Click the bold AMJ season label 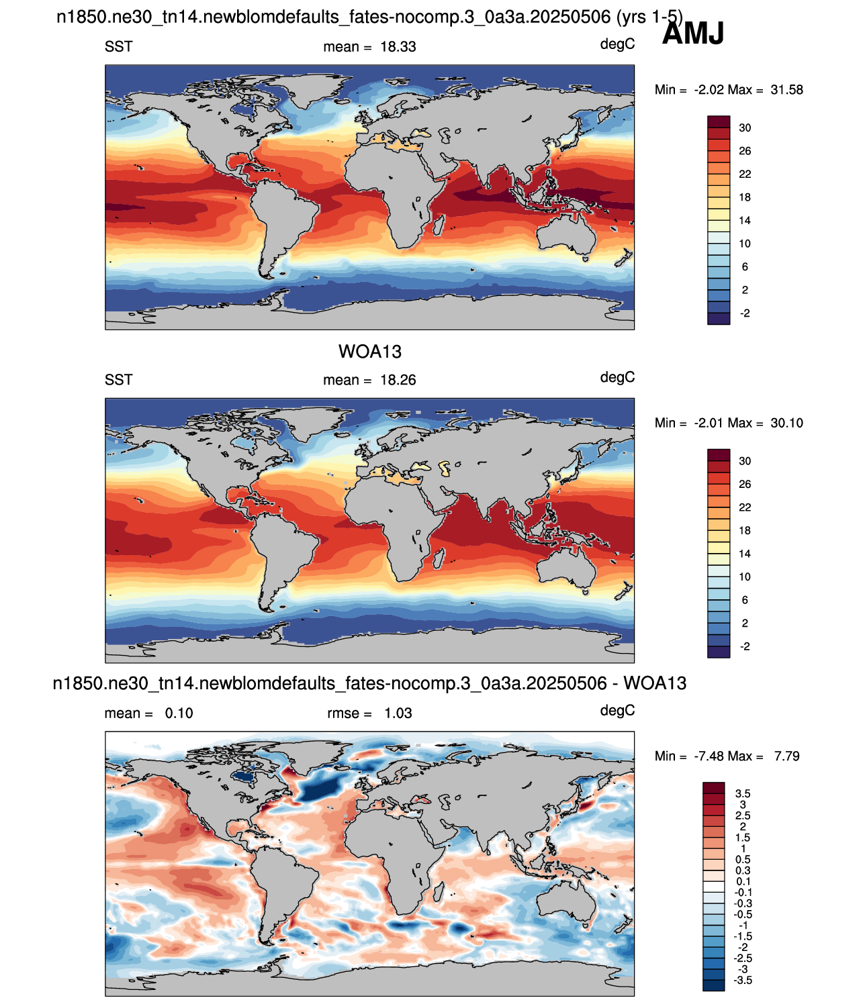tap(692, 34)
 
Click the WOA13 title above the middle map tap(370, 352)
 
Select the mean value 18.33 tap(398, 47)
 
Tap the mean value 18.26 tap(398, 380)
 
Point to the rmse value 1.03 tap(398, 713)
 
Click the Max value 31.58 tap(786, 89)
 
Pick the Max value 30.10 tap(786, 423)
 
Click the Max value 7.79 tap(786, 756)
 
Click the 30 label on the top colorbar tap(744, 128)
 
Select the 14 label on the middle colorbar tap(744, 554)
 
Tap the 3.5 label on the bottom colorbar tap(743, 793)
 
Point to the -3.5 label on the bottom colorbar tap(743, 980)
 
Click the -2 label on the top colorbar tap(744, 313)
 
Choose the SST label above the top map tap(119, 47)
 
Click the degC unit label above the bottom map tap(617, 710)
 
